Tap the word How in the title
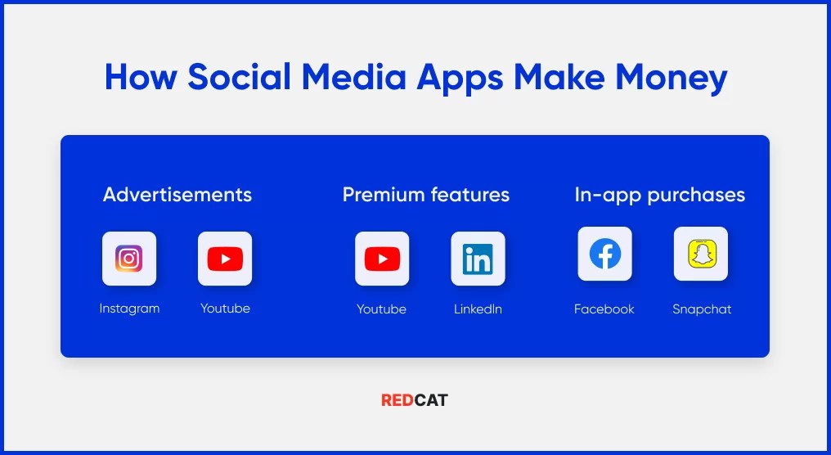pyautogui.click(x=141, y=77)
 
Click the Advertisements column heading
pyautogui.click(x=177, y=195)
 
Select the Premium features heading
pyautogui.click(x=425, y=195)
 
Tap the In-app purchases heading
pyautogui.click(x=659, y=195)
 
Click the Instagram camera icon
pyautogui.click(x=129, y=259)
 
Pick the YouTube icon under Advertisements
pyautogui.click(x=225, y=259)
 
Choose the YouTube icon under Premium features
pyautogui.click(x=382, y=259)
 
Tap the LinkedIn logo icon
pyautogui.click(x=478, y=259)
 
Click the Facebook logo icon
pyautogui.click(x=604, y=254)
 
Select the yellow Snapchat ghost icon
pyautogui.click(x=700, y=254)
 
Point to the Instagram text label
pyautogui.click(x=129, y=309)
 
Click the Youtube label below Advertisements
pyautogui.click(x=225, y=309)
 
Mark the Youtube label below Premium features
pyautogui.click(x=381, y=309)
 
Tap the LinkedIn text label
pyautogui.click(x=478, y=309)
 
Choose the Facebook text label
pyautogui.click(x=604, y=309)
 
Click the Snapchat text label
pyautogui.click(x=702, y=309)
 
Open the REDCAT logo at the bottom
pyautogui.click(x=415, y=400)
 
